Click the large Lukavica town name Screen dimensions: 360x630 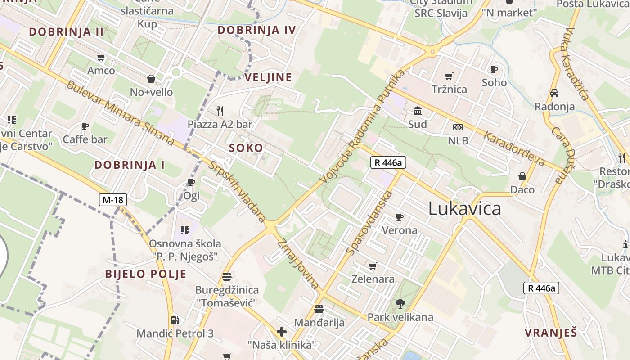click(464, 209)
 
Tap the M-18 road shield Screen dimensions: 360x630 click(113, 199)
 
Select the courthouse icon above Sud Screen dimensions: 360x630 click(418, 111)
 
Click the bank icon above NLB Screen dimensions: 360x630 click(458, 127)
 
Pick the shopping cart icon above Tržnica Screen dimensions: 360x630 click(449, 76)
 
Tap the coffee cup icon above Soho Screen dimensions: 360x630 click(494, 69)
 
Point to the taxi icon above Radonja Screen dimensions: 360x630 click(554, 93)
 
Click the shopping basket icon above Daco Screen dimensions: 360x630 click(522, 176)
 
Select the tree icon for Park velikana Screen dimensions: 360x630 click(400, 304)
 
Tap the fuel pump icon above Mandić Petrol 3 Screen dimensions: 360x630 click(175, 320)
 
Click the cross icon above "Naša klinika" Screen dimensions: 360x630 click(282, 332)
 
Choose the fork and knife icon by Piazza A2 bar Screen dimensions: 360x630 click(220, 111)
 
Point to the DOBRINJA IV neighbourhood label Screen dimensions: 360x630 click(256, 30)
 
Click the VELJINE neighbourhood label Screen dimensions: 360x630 click(268, 77)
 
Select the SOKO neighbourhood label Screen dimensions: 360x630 click(246, 148)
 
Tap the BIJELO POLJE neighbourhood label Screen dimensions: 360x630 click(145, 274)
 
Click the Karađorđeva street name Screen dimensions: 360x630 click(515, 148)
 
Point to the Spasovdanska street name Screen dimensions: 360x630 click(370, 222)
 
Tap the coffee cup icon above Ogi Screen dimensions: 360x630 click(191, 182)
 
